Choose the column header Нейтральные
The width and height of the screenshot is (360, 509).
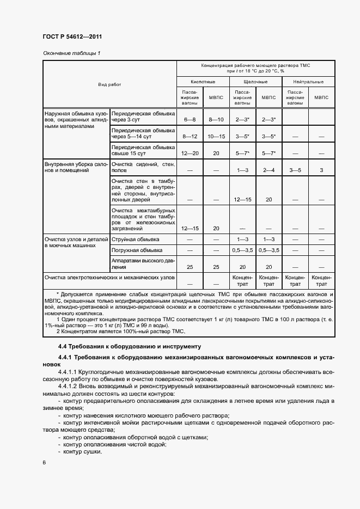pyautogui.click(x=308, y=81)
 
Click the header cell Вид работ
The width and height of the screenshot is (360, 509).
pyautogui.click(x=109, y=84)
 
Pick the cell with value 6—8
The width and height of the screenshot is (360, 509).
pyautogui.click(x=189, y=119)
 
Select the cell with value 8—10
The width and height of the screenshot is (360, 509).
pyautogui.click(x=216, y=119)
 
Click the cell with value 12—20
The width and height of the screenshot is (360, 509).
pyautogui.click(x=189, y=154)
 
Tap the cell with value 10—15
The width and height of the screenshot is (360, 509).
pyautogui.click(x=216, y=136)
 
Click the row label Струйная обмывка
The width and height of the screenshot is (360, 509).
pyautogui.click(x=135, y=240)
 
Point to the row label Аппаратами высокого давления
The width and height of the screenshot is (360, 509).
pyautogui.click(x=143, y=263)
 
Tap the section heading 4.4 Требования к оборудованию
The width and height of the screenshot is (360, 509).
pyautogui.click(x=122, y=346)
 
